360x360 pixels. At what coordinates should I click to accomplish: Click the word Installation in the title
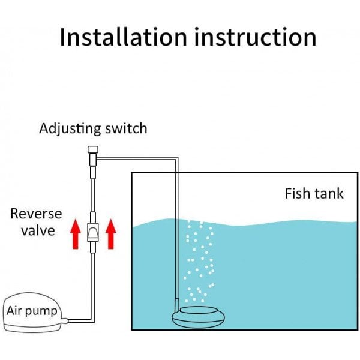[122, 37]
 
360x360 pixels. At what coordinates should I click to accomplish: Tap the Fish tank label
[314, 194]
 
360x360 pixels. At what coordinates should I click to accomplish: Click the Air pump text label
[32, 311]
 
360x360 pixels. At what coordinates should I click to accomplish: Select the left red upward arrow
[75, 233]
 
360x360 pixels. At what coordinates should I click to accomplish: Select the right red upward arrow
[110, 233]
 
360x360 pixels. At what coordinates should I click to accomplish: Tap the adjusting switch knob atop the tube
[92, 151]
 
